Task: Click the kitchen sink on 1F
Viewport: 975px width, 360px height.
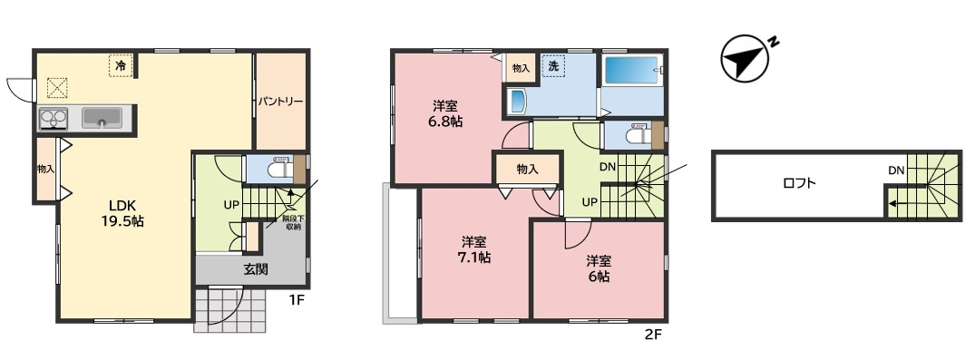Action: point(102,118)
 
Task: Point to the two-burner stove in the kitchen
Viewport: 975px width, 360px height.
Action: point(54,118)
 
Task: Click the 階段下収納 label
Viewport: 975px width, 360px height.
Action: point(293,222)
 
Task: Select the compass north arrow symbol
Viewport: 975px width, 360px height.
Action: point(743,57)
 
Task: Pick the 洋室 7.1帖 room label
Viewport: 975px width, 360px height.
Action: point(475,248)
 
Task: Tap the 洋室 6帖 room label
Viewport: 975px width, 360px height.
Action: point(599,268)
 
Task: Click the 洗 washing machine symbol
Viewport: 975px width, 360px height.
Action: point(552,66)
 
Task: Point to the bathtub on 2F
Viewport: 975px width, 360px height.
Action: point(630,73)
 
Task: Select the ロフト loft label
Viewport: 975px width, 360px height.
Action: point(799,183)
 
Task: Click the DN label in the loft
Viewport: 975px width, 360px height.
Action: point(896,170)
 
